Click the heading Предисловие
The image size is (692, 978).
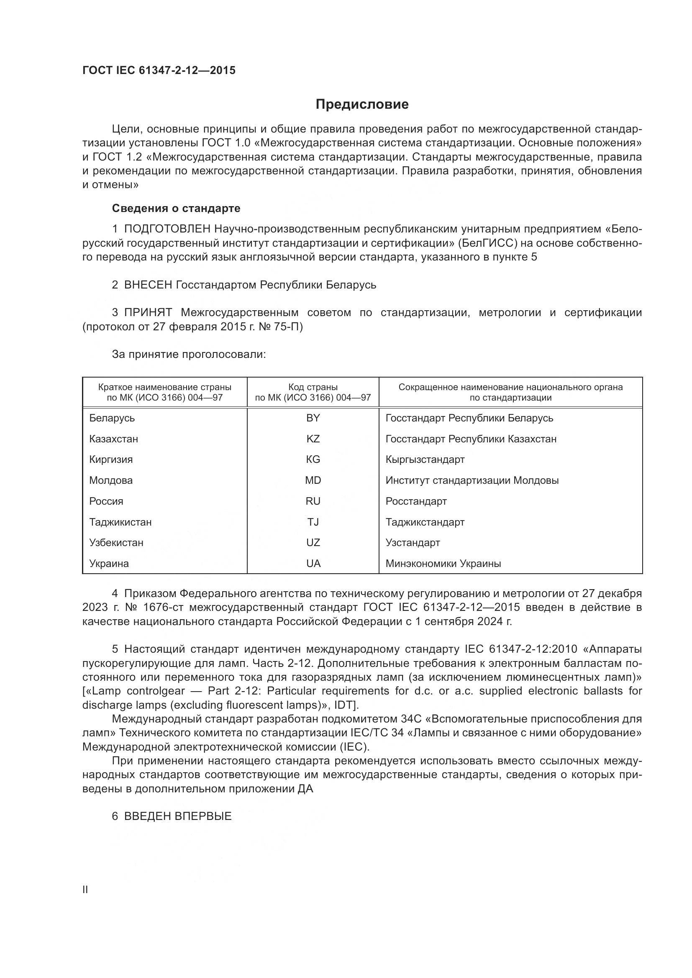(x=362, y=105)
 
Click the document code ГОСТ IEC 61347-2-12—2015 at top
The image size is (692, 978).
(x=159, y=70)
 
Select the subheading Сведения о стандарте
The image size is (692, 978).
(x=176, y=208)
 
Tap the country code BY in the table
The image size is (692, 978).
(x=313, y=418)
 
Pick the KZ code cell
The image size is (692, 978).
(x=313, y=439)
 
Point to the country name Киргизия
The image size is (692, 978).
(x=111, y=459)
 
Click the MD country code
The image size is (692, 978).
(x=313, y=480)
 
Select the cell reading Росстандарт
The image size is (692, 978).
(x=416, y=501)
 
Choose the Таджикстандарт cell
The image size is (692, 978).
(x=425, y=522)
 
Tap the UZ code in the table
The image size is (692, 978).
(x=313, y=542)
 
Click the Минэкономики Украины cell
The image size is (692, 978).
(x=443, y=563)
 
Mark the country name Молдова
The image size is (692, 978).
(x=111, y=480)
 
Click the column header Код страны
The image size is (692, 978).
(x=313, y=387)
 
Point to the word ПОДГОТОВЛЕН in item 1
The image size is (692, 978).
(x=167, y=229)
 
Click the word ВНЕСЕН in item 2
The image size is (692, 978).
(x=148, y=285)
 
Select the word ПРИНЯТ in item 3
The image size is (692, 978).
(x=148, y=313)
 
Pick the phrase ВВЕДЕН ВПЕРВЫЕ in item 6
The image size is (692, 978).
(x=178, y=816)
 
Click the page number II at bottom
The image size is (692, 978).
(x=85, y=889)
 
